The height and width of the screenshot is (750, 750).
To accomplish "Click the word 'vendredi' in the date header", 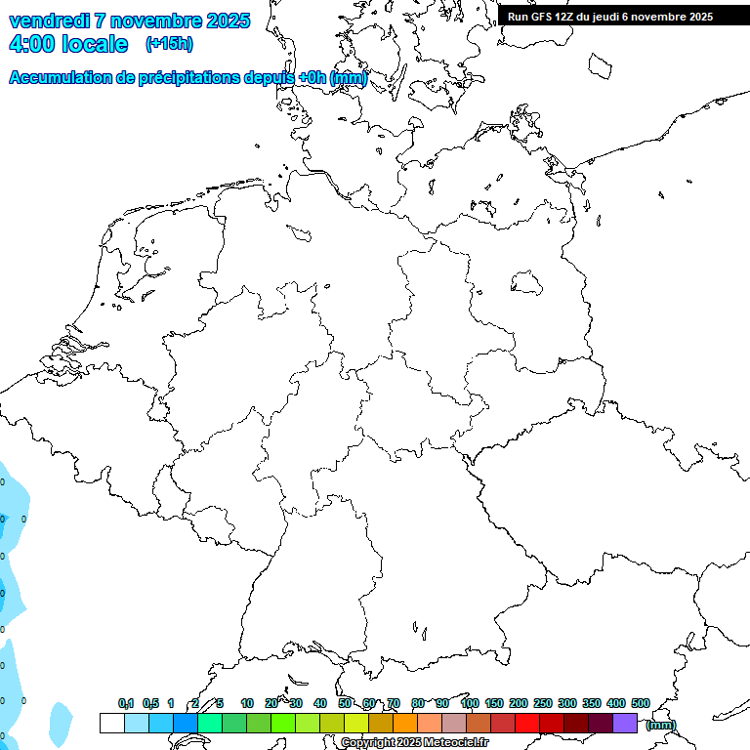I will coord(50,21).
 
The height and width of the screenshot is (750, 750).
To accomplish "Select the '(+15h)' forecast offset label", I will coord(168,44).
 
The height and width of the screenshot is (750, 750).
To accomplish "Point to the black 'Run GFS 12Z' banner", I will coord(610,16).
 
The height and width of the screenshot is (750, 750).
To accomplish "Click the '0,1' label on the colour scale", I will coord(126,703).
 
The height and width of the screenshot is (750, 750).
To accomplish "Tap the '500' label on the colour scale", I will coord(641,703).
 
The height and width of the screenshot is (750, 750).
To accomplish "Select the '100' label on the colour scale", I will coord(470,703).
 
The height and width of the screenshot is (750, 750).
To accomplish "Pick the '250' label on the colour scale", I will coord(543,703).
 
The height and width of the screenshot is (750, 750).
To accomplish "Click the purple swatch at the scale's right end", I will coord(625,723).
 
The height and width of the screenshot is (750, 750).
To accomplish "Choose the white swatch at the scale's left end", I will coord(112,723).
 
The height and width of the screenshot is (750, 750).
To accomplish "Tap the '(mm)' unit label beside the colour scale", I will coord(660,725).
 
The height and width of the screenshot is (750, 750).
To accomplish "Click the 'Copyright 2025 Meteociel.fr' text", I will coord(414,743).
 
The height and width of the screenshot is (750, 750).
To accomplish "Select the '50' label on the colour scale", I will coord(345,703).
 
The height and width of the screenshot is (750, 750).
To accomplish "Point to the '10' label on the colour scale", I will coord(247,703).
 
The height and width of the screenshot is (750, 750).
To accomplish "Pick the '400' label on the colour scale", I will coord(616,703).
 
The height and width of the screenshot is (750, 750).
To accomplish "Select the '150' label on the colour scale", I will coord(494,703).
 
